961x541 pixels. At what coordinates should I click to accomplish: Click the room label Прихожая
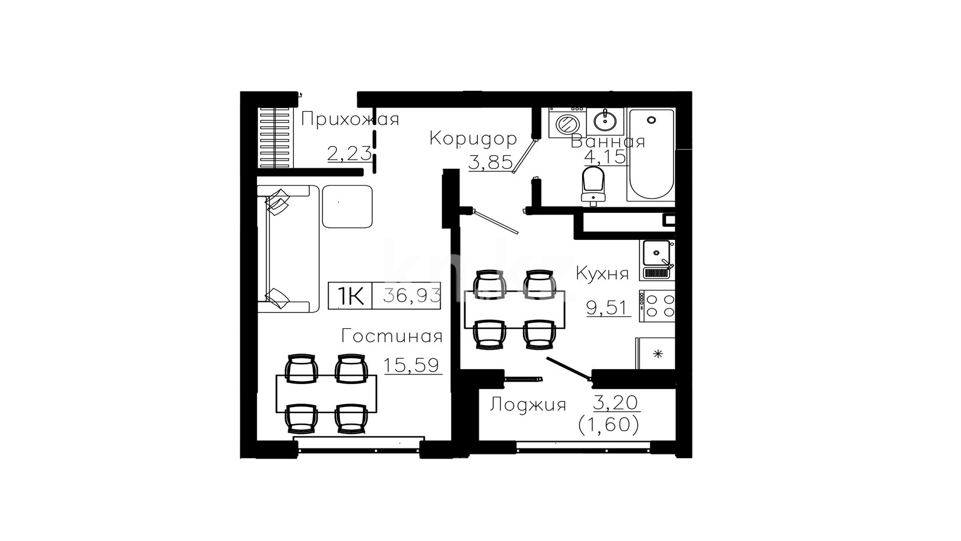coord(350,120)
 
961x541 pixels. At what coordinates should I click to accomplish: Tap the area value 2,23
coord(349,153)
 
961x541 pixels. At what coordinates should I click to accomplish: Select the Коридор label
coord(473,139)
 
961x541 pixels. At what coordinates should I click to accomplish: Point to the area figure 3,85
coord(490,162)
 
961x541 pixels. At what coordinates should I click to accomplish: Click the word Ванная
coord(608,141)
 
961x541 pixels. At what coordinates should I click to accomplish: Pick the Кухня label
coord(602,274)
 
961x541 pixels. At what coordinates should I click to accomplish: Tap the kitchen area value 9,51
coord(608,307)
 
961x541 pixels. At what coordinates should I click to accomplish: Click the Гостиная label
coord(392,336)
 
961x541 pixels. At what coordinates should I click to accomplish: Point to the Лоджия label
coord(528,405)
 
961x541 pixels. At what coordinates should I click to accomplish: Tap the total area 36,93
coord(412,295)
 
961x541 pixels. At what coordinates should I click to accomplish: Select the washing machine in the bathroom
coord(568,123)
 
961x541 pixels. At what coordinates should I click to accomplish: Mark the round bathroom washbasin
coord(605,120)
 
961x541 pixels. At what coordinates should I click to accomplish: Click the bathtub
coord(650,154)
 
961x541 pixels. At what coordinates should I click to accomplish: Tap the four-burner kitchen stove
coord(657,306)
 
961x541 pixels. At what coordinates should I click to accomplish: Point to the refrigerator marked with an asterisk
coord(655,353)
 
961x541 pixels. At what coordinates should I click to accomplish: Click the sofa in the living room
coord(288,249)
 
